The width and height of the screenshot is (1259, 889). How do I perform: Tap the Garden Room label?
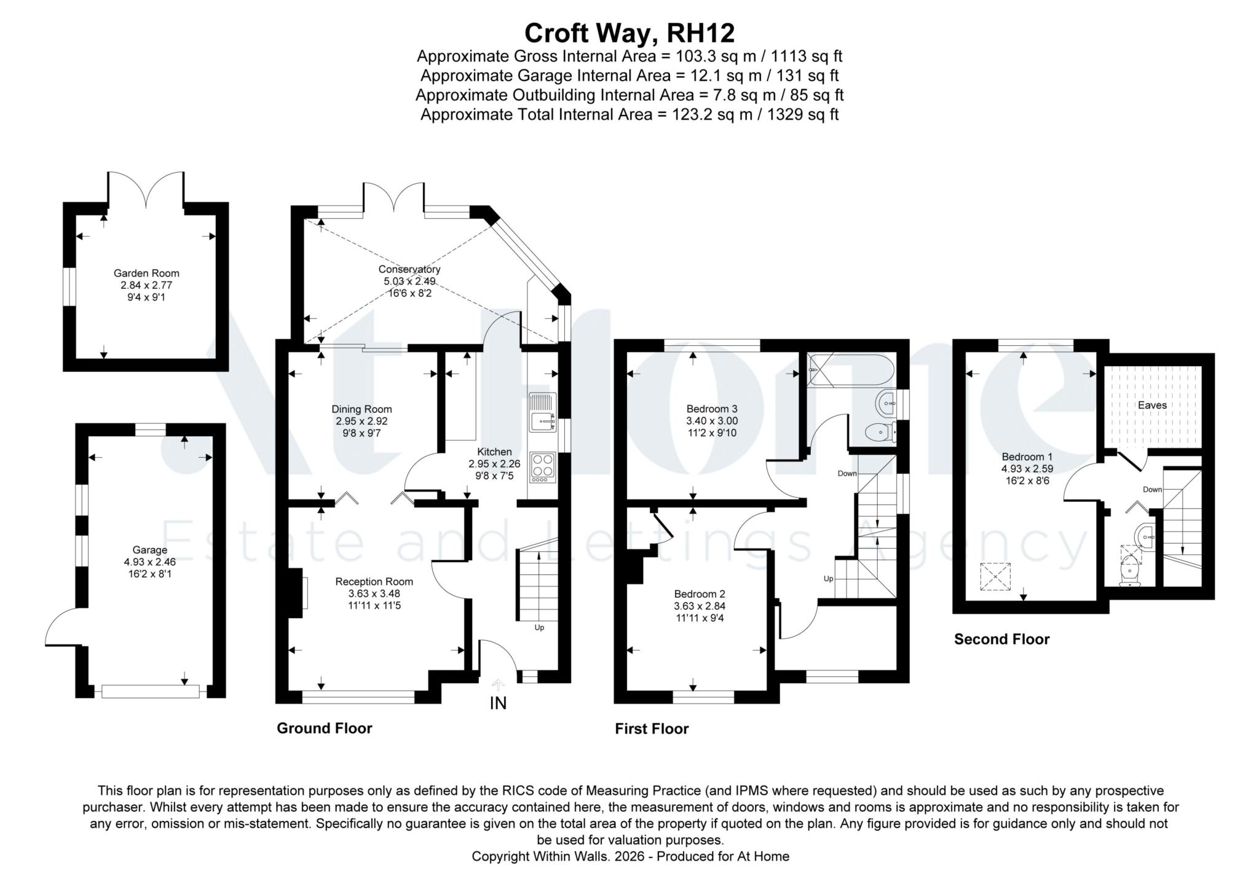[146, 273]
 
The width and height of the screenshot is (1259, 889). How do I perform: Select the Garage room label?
[150, 550]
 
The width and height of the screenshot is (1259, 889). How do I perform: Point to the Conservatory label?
[409, 269]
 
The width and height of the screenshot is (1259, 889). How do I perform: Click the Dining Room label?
[361, 409]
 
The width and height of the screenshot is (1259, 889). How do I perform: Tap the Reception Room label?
[374, 581]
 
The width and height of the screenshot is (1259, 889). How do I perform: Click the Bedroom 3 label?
[712, 409]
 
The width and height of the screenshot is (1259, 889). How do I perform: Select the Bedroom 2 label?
[700, 594]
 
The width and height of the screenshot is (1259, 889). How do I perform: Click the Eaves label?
[1152, 405]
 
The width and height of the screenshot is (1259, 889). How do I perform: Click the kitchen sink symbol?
[542, 412]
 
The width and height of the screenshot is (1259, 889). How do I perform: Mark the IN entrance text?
[498, 703]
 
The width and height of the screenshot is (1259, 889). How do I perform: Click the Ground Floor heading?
[325, 728]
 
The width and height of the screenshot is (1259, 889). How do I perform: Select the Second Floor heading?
[1001, 639]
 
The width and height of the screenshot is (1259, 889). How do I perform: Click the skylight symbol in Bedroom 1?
[995, 576]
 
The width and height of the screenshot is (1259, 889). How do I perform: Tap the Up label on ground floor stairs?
[539, 627]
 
